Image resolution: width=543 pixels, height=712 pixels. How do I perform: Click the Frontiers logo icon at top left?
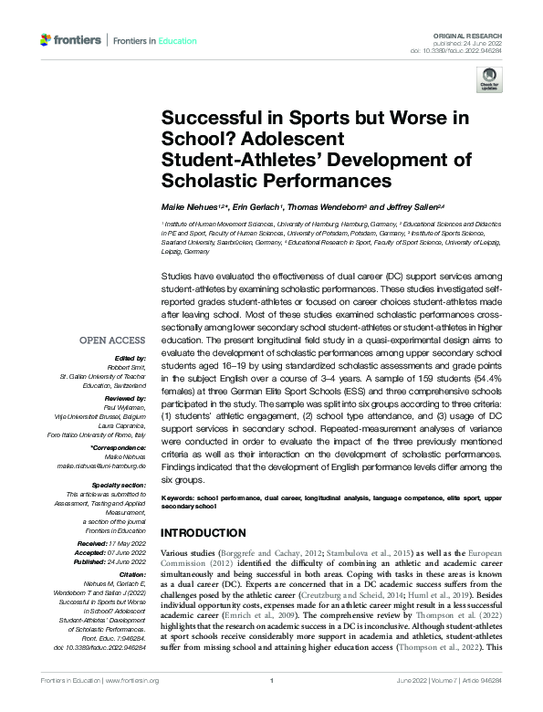click(x=47, y=40)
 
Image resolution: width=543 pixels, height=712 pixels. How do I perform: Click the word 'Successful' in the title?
click(x=208, y=119)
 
